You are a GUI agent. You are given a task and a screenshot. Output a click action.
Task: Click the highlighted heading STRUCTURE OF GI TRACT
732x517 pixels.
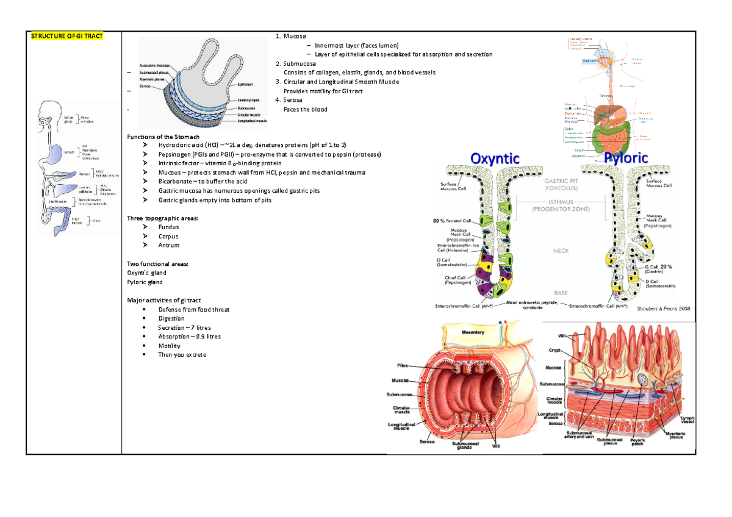pyautogui.click(x=67, y=36)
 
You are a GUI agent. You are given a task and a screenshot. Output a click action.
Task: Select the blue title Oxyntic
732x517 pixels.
pyautogui.click(x=495, y=159)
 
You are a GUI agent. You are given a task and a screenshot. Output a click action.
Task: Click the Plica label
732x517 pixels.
pyautogui.click(x=402, y=366)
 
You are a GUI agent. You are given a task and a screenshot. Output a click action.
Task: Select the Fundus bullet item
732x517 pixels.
pyautogui.click(x=168, y=227)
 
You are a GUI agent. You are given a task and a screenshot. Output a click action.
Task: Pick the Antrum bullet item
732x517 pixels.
pyautogui.click(x=168, y=245)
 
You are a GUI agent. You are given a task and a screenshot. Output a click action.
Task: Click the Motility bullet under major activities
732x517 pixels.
pyautogui.click(x=169, y=346)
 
